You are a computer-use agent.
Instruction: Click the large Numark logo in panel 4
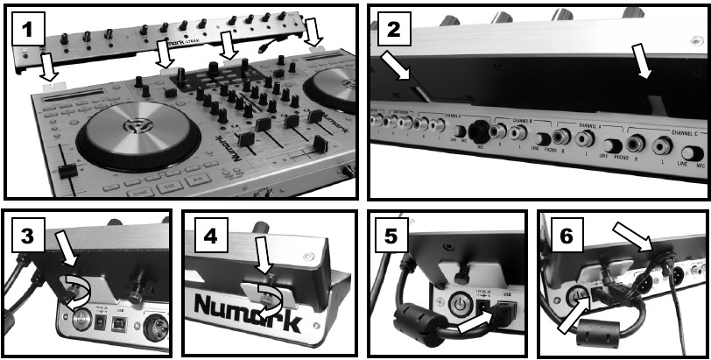(255, 308)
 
